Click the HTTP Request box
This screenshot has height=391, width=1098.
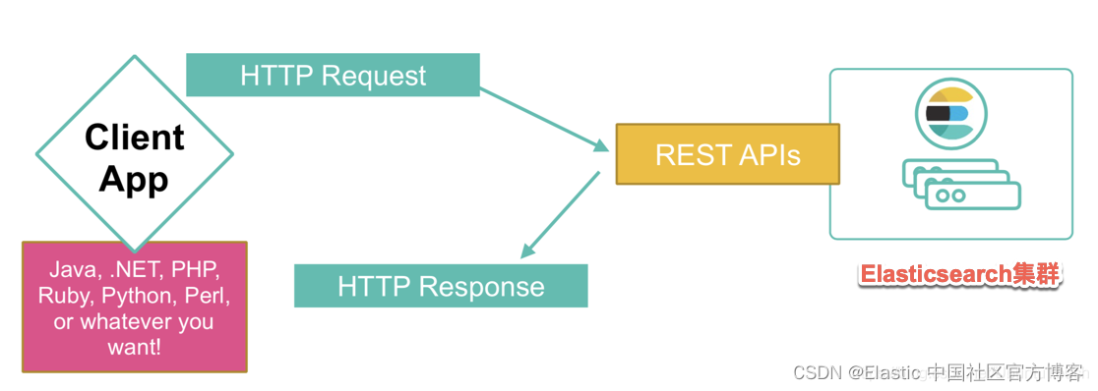click(333, 75)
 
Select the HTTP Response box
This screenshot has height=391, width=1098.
click(441, 286)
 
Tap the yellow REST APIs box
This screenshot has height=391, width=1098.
click(727, 154)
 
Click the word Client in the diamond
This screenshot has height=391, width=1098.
click(135, 138)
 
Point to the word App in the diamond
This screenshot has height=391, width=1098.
click(134, 179)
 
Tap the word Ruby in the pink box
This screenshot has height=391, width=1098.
click(62, 295)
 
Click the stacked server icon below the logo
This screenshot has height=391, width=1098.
click(961, 184)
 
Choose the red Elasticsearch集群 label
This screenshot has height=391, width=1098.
click(959, 274)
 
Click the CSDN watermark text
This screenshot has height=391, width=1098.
click(939, 372)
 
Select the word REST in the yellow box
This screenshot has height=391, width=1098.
click(687, 154)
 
